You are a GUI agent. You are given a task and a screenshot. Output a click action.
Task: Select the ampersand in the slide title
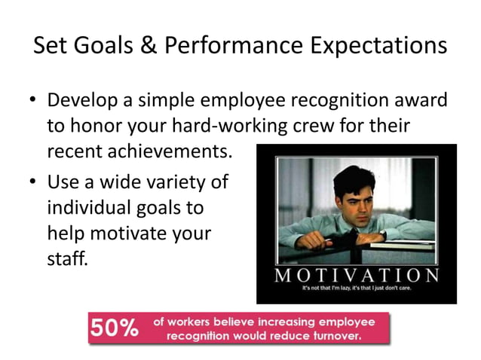147,47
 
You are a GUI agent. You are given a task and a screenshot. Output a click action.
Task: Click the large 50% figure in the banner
115,328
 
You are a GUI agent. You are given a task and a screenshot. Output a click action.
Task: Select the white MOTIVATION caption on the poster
357,275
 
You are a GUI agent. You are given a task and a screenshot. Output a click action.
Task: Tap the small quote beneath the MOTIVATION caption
357,289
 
